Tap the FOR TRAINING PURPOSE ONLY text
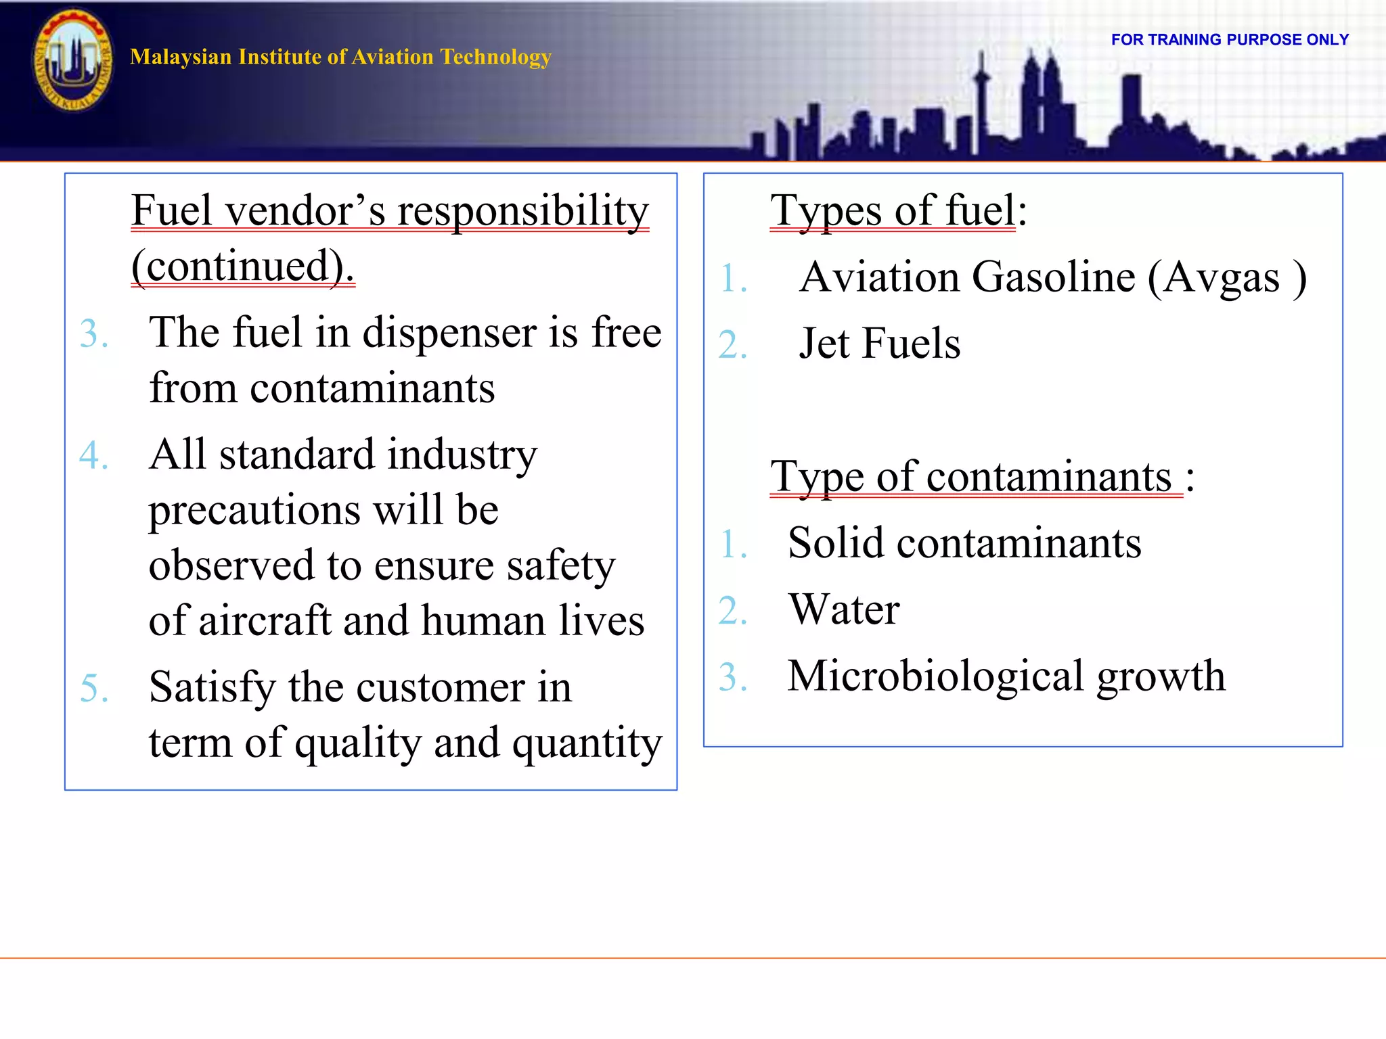click(x=1230, y=40)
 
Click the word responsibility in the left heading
click(x=522, y=210)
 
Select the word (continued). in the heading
click(x=243, y=266)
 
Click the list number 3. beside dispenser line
click(x=94, y=334)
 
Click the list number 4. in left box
click(x=94, y=455)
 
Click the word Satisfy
click(x=212, y=688)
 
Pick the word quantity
click(x=587, y=743)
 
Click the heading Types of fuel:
click(x=898, y=210)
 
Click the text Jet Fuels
click(x=879, y=344)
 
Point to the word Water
click(x=844, y=609)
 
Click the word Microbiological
click(x=935, y=676)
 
